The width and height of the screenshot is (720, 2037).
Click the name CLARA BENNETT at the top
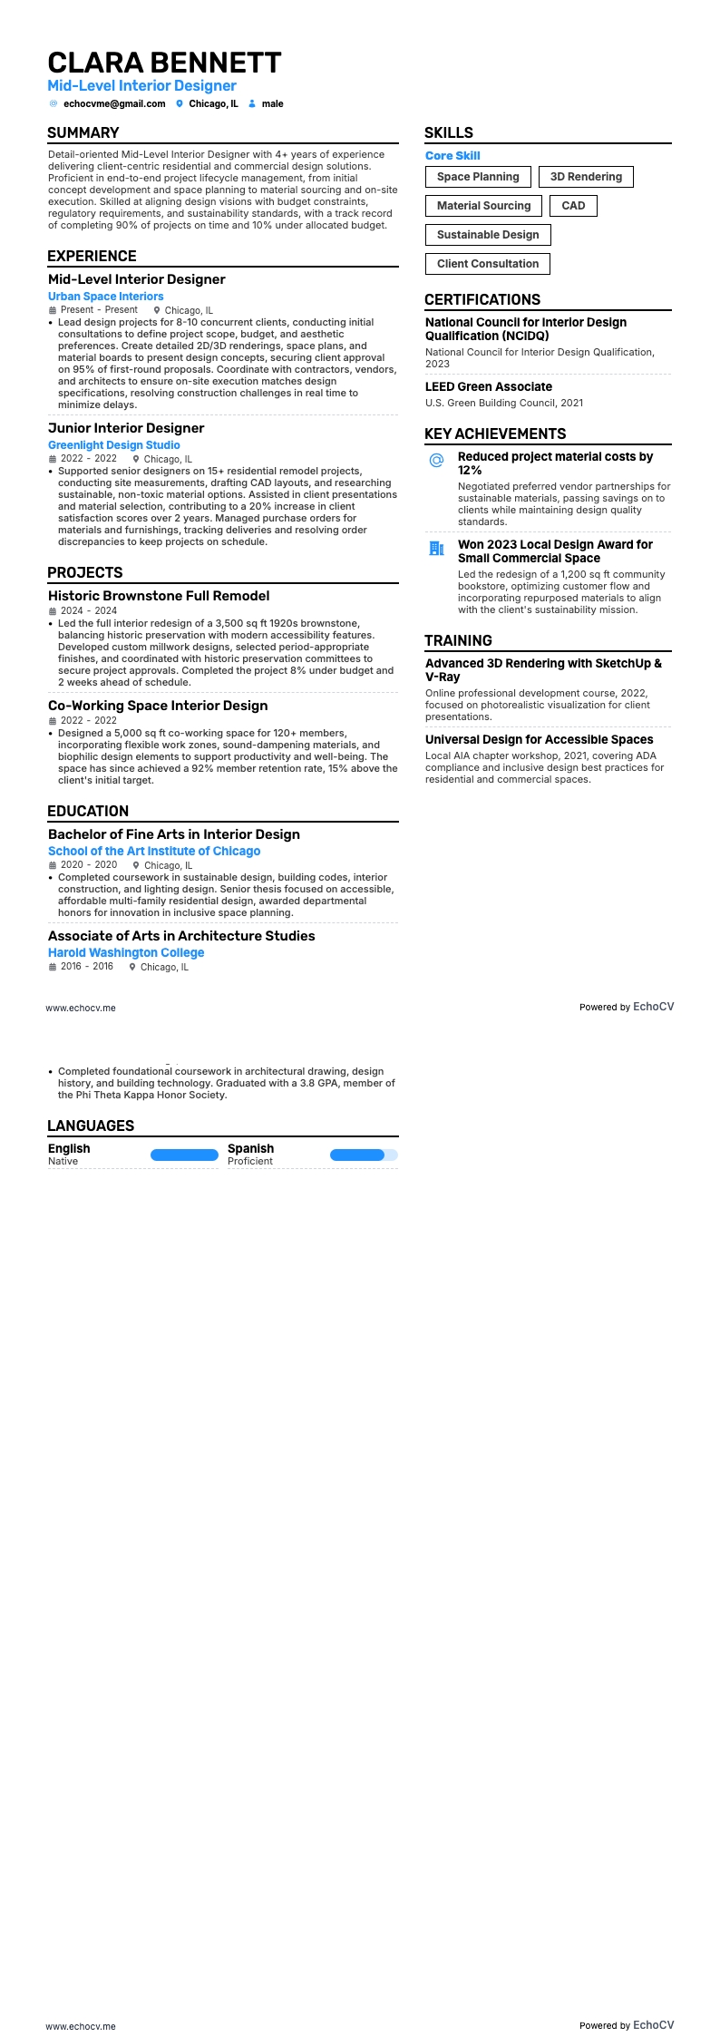pos(164,63)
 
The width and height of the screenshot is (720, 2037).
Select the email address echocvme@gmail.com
pos(114,103)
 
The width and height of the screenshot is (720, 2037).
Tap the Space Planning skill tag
pos(478,177)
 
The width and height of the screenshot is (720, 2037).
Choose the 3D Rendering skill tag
pos(586,177)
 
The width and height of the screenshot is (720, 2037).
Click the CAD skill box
pos(573,206)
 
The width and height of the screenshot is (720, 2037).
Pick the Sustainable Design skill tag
pos(488,235)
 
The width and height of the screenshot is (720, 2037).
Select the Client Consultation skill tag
pos(488,264)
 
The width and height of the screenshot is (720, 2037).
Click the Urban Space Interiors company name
pos(106,297)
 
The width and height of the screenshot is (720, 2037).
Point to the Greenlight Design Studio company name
pos(114,445)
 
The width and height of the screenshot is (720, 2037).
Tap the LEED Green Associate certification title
pos(489,386)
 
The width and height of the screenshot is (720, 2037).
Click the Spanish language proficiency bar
pos(364,1155)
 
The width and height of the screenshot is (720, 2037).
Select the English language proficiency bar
pos(184,1155)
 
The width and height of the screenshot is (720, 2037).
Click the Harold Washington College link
pos(126,952)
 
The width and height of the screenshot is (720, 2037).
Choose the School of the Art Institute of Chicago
pos(154,851)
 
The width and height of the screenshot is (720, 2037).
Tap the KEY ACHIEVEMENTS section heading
pos(495,434)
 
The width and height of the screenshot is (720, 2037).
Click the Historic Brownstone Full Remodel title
pos(159,596)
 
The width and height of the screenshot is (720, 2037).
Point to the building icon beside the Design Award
pos(436,549)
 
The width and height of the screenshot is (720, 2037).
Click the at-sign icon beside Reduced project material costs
pos(436,461)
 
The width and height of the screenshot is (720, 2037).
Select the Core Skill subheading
pos(452,156)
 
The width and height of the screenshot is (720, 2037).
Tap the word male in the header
pos(272,103)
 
